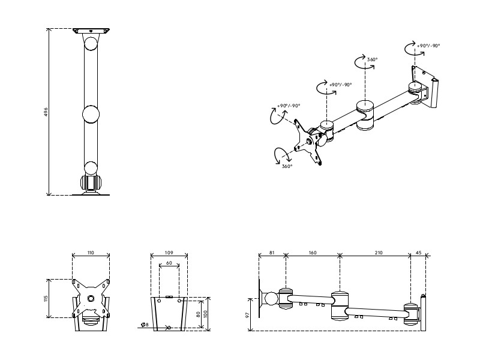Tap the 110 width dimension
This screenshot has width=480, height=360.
pyautogui.click(x=91, y=253)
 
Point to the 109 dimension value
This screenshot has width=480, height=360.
pyautogui.click(x=169, y=253)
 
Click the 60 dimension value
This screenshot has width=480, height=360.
pyautogui.click(x=169, y=263)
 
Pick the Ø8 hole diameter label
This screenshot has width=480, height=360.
pyautogui.click(x=145, y=325)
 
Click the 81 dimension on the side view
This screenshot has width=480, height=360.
pyautogui.click(x=272, y=253)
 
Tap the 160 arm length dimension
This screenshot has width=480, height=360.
pyautogui.click(x=313, y=253)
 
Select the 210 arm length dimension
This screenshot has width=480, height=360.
pyautogui.click(x=379, y=253)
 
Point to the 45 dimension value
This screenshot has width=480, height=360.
pyautogui.click(x=418, y=253)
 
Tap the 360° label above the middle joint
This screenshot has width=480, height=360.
pyautogui.click(x=372, y=59)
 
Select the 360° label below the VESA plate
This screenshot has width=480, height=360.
pyautogui.click(x=287, y=166)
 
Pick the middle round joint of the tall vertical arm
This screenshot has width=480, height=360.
pyautogui.click(x=91, y=113)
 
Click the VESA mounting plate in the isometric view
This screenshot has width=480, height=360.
pyautogui.click(x=310, y=142)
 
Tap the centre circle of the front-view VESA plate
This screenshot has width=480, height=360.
pyautogui.click(x=91, y=298)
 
